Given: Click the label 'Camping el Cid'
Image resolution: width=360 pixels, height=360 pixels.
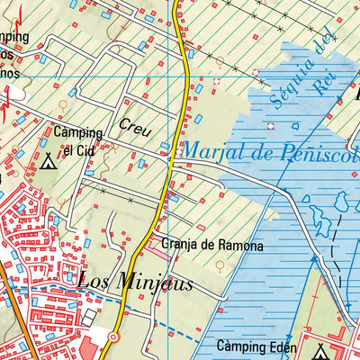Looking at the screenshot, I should click(x=77, y=139).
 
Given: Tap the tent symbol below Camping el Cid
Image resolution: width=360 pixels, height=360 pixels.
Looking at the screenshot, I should click(x=49, y=163).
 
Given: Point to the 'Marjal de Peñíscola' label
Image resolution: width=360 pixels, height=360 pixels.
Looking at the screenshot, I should click(x=270, y=149).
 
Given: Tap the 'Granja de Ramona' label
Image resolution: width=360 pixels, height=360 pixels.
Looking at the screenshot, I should click(x=212, y=245).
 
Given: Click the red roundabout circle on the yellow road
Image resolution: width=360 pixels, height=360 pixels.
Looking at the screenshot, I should click(x=113, y=337).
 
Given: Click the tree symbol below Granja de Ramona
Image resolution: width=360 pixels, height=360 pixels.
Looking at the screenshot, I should click(x=221, y=265).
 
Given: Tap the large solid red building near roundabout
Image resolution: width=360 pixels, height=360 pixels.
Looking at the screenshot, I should click(x=91, y=346).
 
